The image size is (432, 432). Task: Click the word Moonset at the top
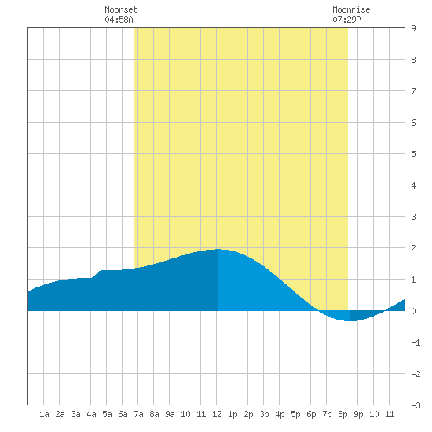tap(121, 9)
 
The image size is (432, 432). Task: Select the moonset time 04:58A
tap(119, 20)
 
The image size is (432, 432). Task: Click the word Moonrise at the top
tap(351, 9)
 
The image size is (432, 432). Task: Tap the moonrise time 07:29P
tap(346, 20)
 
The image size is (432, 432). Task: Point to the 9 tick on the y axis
tap(413, 28)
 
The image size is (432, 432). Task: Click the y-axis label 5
tap(413, 154)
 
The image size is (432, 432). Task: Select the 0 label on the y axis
tap(413, 311)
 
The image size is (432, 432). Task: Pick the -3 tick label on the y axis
tap(416, 405)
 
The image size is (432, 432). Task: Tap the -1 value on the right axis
tap(416, 342)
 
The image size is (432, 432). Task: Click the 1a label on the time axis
tap(44, 414)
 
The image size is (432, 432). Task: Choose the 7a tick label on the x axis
tap(138, 414)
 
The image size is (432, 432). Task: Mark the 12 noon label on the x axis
tap(217, 414)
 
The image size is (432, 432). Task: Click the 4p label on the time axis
tap(280, 414)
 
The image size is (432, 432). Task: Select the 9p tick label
tap(358, 414)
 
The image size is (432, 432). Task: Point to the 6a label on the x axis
tap(123, 414)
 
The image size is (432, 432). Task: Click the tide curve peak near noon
tap(218, 249)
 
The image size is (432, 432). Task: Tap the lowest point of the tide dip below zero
tap(350, 320)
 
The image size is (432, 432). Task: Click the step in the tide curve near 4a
tap(96, 274)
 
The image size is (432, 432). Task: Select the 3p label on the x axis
tap(264, 414)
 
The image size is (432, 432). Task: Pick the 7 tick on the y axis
tap(413, 91)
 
